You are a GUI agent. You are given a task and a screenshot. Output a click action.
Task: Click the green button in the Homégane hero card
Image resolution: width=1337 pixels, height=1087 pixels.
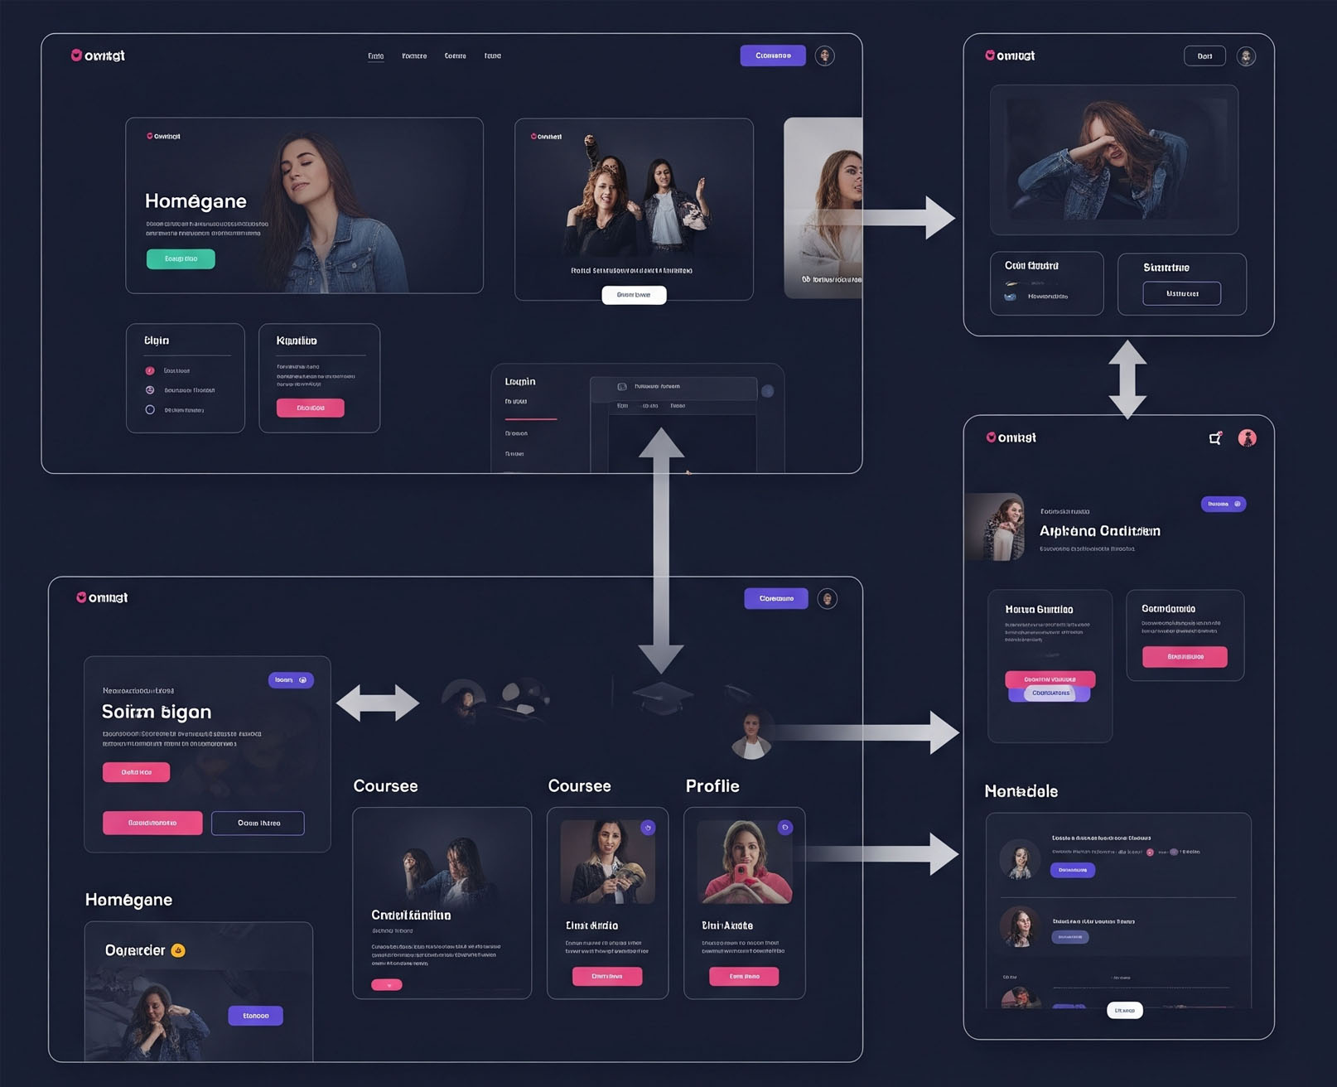(x=181, y=258)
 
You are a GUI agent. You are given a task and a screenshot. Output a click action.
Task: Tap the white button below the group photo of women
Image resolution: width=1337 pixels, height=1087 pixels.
(x=634, y=295)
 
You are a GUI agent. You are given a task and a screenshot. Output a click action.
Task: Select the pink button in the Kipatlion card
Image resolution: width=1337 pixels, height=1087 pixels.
(x=310, y=408)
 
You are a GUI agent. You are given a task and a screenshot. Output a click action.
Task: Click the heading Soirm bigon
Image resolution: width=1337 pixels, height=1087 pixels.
(x=157, y=712)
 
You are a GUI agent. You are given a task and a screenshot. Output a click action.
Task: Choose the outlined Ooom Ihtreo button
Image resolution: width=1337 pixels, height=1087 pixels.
(x=258, y=823)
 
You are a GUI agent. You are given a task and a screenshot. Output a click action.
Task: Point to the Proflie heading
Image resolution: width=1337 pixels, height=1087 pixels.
(x=712, y=785)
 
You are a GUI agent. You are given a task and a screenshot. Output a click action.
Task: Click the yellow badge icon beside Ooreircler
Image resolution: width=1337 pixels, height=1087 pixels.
(x=178, y=950)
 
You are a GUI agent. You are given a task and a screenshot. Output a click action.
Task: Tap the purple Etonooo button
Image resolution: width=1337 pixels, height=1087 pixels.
(x=255, y=1015)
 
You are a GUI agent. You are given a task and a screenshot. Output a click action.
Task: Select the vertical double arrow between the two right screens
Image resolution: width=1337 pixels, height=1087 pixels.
(x=1127, y=379)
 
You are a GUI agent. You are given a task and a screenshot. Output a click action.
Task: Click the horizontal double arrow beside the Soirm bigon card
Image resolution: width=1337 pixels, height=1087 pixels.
(x=378, y=703)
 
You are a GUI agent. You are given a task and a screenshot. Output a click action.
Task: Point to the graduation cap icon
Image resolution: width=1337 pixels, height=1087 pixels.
(x=662, y=696)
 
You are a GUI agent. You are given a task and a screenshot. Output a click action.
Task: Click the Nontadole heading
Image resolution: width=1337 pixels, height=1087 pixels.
(x=1021, y=791)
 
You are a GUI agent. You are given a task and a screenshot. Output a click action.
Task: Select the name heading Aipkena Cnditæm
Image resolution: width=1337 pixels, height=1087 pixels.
(x=1099, y=531)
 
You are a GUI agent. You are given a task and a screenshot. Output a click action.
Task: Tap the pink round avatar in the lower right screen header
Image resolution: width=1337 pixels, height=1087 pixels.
(x=1247, y=438)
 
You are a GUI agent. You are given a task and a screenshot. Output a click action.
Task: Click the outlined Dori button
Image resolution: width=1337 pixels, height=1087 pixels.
(x=1204, y=56)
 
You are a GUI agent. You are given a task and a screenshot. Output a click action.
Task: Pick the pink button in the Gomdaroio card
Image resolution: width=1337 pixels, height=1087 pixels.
(x=1185, y=656)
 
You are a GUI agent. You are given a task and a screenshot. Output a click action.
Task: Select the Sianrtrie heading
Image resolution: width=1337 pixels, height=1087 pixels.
(x=1166, y=268)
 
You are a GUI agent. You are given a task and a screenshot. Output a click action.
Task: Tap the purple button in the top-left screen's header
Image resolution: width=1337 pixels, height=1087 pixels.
(x=773, y=56)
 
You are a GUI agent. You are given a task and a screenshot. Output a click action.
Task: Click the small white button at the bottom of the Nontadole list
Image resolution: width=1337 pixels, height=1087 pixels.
(x=1124, y=1010)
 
